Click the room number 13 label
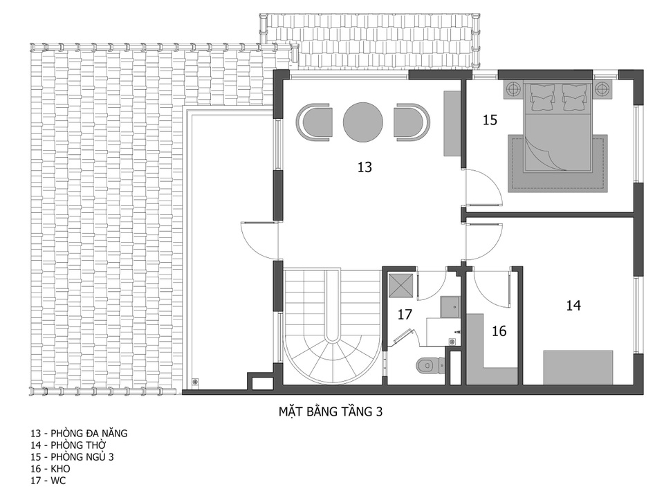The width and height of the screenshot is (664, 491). pos(365,167)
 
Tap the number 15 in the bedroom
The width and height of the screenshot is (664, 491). pos(490,120)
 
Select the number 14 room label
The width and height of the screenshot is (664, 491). pos(573,305)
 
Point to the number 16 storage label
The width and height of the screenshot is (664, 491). pos(499,331)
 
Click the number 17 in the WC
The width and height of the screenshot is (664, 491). pos(405,315)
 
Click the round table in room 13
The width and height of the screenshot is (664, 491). pos(363,122)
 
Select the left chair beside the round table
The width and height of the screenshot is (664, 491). pos(314,122)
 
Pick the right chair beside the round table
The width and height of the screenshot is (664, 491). pos(412,122)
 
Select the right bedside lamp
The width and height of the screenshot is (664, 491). pos(601,89)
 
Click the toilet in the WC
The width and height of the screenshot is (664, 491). pos(429,364)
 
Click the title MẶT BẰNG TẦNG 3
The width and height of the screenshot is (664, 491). pos(331,411)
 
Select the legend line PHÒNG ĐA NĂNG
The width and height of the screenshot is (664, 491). pos(79,434)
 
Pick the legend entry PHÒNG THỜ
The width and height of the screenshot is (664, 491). pos(68,445)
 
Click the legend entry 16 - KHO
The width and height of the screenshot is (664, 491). pos(50,469)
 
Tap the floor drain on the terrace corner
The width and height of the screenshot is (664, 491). pos(195,381)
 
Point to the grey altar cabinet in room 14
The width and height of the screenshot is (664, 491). pos(578,367)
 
